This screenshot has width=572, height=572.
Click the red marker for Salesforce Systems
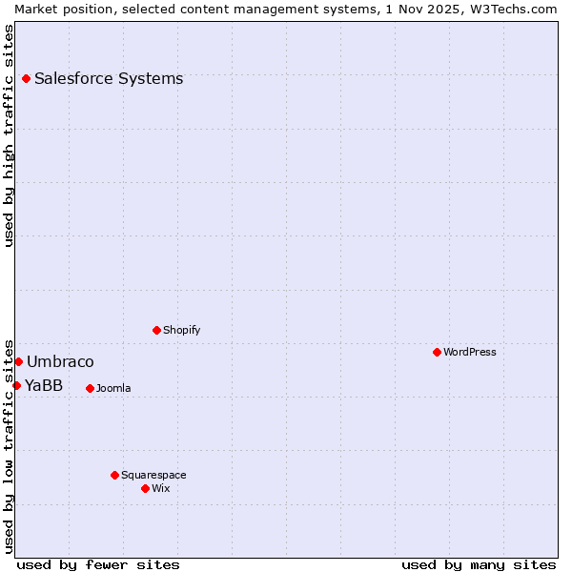click(x=26, y=78)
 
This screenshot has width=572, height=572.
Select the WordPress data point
click(x=437, y=352)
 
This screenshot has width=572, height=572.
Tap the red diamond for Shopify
click(x=156, y=330)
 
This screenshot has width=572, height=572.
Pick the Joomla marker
click(x=90, y=388)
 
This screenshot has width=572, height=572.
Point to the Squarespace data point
click(x=114, y=475)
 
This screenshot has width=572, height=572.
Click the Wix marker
click(x=145, y=488)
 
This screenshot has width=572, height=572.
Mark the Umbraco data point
click(x=18, y=361)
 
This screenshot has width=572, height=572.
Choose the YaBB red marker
click(x=16, y=385)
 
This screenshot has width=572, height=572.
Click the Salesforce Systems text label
click(x=109, y=78)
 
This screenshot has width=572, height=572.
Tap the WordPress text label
click(x=470, y=352)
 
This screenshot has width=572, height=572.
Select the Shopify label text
click(x=182, y=330)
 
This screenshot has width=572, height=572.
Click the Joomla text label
click(x=113, y=388)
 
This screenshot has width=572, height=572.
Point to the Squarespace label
click(x=153, y=475)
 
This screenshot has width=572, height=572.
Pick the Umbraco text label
click(x=60, y=361)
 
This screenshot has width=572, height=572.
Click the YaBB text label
click(x=44, y=385)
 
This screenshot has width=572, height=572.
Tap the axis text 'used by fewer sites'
click(x=98, y=564)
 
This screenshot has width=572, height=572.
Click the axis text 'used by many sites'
click(x=479, y=564)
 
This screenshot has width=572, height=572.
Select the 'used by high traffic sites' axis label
click(x=9, y=135)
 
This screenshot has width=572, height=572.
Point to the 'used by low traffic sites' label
click(x=9, y=445)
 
